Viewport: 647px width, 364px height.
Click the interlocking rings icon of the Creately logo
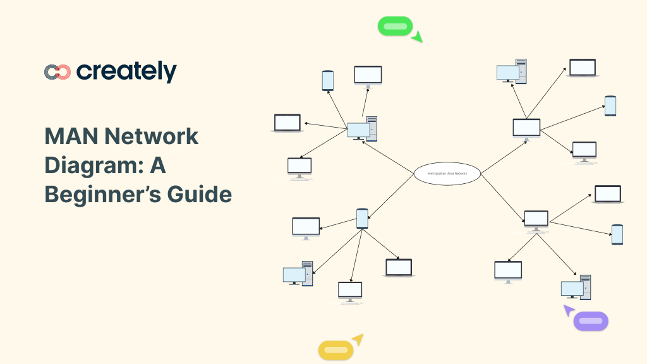tap(57, 72)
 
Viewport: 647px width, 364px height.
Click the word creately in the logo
tap(126, 71)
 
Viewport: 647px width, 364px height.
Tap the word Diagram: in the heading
tap(93, 165)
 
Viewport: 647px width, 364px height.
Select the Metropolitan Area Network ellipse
tap(447, 173)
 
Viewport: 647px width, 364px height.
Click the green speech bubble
tap(395, 27)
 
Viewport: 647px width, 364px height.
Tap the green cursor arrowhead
tap(416, 37)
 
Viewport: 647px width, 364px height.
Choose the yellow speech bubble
tap(336, 350)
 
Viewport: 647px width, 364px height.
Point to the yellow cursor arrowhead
tap(358, 339)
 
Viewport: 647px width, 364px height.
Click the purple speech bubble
tap(591, 321)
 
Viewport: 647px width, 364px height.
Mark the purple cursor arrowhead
tap(569, 310)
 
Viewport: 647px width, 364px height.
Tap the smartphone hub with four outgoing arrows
tap(362, 218)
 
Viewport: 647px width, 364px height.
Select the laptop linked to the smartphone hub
tap(399, 267)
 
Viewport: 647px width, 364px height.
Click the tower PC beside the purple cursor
tap(576, 288)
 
